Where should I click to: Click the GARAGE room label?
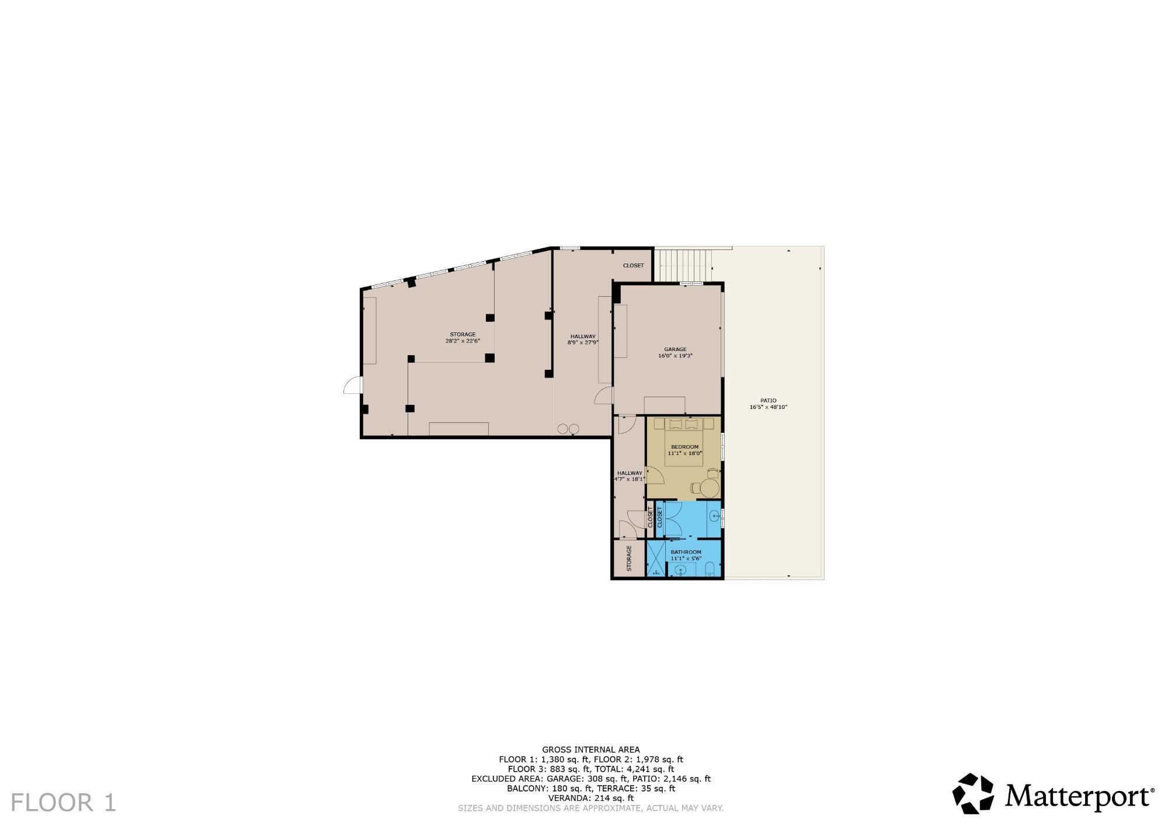(x=675, y=349)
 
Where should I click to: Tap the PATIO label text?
(x=769, y=401)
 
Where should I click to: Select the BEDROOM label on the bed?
(x=684, y=447)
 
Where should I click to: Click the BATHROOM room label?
(x=686, y=552)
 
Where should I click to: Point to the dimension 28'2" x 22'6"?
(x=463, y=341)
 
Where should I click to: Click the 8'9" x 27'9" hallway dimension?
(x=583, y=342)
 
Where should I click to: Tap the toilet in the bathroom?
(x=710, y=570)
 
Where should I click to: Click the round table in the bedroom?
(x=710, y=488)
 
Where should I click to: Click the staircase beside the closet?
(x=684, y=266)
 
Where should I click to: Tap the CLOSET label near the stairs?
(x=633, y=265)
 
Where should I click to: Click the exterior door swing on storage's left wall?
(x=352, y=385)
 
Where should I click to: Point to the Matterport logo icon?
(x=973, y=794)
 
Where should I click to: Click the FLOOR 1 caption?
(x=64, y=802)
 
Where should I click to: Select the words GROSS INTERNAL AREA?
(x=591, y=749)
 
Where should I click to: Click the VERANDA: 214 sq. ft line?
(x=591, y=798)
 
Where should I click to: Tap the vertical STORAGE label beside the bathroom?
(x=629, y=558)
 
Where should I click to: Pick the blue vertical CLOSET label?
(x=660, y=518)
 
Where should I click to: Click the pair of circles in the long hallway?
(x=568, y=428)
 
